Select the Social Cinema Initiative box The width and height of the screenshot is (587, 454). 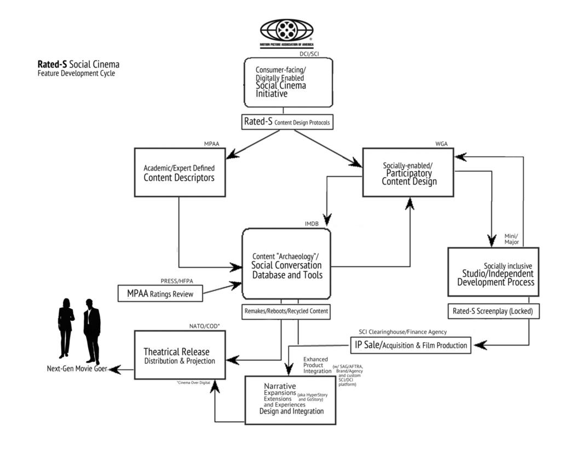288,82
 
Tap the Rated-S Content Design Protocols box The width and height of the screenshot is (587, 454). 287,122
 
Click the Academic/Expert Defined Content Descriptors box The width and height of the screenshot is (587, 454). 180,172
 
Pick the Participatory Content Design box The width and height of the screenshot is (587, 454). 408,172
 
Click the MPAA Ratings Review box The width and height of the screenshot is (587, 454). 160,293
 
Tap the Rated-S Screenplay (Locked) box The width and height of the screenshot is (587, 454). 493,311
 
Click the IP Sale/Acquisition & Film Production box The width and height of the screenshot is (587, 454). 411,345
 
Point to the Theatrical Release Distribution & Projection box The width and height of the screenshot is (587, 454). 180,355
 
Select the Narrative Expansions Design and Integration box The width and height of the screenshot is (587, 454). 290,400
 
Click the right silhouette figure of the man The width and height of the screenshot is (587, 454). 91,331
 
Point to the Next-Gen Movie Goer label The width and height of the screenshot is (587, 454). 76,369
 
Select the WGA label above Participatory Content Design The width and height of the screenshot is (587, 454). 441,144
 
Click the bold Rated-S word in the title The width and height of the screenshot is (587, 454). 52,65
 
